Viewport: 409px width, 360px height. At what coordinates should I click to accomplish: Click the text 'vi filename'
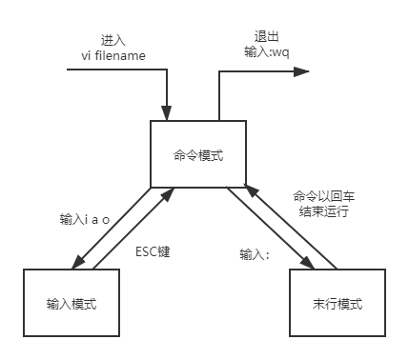tap(113, 56)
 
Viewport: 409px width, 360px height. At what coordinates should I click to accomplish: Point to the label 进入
tap(112, 40)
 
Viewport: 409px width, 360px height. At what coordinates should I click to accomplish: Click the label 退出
tap(267, 36)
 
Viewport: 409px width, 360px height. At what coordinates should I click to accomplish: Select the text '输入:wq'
tap(267, 52)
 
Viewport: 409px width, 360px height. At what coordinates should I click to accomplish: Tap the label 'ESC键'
tap(153, 251)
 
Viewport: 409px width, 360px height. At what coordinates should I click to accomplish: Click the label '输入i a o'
tap(85, 219)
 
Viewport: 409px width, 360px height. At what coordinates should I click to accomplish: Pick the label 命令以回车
tap(324, 196)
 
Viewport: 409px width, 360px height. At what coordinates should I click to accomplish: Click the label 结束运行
tap(324, 211)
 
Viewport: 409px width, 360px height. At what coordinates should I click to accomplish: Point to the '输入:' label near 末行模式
tap(255, 254)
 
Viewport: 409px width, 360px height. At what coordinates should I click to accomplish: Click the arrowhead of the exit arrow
tap(301, 71)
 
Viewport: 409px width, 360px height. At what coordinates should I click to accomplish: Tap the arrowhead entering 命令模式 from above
tap(167, 113)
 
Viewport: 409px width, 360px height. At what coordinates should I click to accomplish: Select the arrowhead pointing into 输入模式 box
tap(78, 262)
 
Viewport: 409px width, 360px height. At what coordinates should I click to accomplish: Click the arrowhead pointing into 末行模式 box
tap(307, 262)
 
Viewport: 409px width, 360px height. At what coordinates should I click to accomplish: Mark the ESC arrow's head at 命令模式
tap(168, 194)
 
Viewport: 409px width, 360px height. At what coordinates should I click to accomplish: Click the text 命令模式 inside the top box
tap(198, 155)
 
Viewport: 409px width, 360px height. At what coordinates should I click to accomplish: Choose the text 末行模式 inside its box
tap(337, 304)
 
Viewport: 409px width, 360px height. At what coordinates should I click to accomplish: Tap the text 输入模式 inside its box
tap(72, 304)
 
